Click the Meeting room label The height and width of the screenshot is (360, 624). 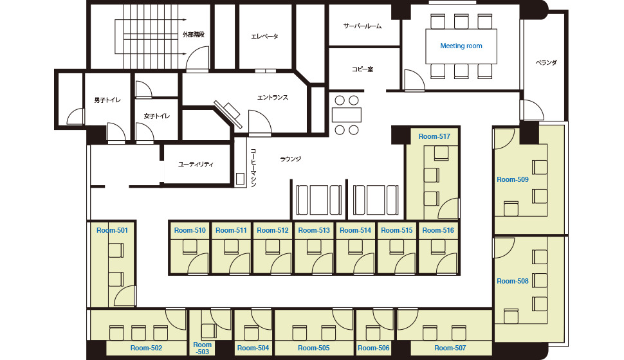461,46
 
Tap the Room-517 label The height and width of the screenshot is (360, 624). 434,136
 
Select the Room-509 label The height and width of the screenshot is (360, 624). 513,179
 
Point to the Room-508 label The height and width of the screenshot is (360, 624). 513,281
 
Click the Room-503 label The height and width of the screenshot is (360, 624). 202,348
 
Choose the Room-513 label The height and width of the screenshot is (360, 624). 314,230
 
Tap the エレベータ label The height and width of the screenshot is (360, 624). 264,37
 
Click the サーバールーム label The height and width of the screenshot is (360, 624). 363,26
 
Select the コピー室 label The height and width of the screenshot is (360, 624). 363,69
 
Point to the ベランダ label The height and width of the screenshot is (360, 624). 546,62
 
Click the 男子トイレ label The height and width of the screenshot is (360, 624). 107,100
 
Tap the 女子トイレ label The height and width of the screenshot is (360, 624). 157,116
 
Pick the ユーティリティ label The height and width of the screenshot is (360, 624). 196,165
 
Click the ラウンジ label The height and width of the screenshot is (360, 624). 291,159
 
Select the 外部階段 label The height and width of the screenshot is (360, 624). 194,35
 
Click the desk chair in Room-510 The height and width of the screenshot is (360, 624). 190,247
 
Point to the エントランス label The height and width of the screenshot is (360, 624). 273,98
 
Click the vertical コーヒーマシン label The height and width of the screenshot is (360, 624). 253,168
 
